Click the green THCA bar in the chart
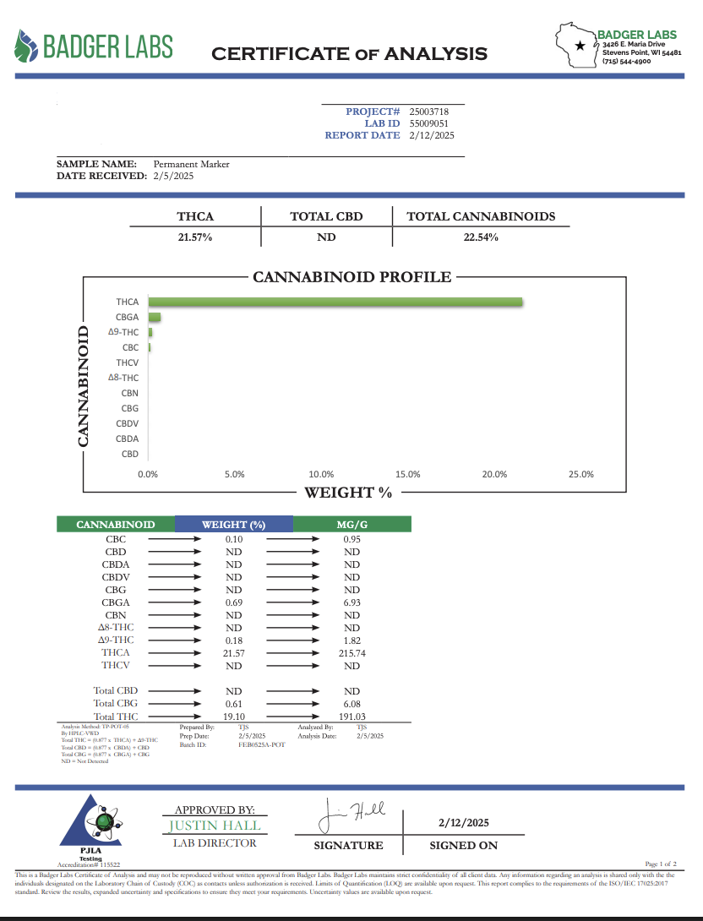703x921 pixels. coord(335,302)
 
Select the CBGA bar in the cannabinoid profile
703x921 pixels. coord(155,318)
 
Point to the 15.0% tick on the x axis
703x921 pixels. coord(408,474)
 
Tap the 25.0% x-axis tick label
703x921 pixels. coord(581,474)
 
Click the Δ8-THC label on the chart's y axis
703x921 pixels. coord(124,378)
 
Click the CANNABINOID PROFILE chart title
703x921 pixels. coord(352,277)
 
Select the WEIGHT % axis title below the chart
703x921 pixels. coord(348,492)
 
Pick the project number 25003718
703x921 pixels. coord(428,112)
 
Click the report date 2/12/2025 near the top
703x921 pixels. coord(432,135)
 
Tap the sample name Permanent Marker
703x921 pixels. coord(192,164)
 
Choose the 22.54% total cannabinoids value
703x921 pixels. coord(481,237)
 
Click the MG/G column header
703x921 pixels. coord(351,525)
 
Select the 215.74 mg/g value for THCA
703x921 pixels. coord(351,653)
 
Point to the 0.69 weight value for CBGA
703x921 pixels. coord(234,602)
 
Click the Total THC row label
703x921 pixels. coord(116,717)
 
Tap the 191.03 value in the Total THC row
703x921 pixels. coord(351,717)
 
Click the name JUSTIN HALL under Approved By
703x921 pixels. coord(215,826)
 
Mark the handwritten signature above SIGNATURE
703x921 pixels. coord(351,815)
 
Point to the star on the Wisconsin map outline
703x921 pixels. coord(579,45)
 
